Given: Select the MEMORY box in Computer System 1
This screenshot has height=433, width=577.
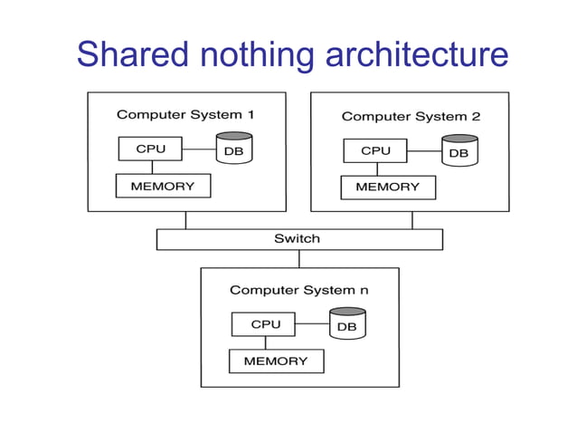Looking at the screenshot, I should [x=163, y=186].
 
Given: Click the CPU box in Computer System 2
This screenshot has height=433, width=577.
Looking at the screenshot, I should [x=375, y=150].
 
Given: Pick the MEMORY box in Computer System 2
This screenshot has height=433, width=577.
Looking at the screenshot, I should [x=387, y=187].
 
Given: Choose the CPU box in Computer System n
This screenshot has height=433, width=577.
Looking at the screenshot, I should [x=266, y=324].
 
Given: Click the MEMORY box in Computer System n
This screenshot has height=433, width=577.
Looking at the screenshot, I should [x=276, y=361].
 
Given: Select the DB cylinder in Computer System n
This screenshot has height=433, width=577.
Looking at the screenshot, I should [x=346, y=323].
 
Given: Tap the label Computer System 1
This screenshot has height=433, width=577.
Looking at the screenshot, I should [x=185, y=115].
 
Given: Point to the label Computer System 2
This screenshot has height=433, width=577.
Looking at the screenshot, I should [x=411, y=116].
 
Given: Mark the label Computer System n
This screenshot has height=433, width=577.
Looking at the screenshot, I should [x=299, y=290].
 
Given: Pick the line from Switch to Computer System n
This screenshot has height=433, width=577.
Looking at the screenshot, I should [x=299, y=259].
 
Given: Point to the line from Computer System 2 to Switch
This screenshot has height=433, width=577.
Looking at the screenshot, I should [x=412, y=220].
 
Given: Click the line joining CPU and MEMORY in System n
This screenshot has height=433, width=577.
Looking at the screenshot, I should [x=265, y=342].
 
